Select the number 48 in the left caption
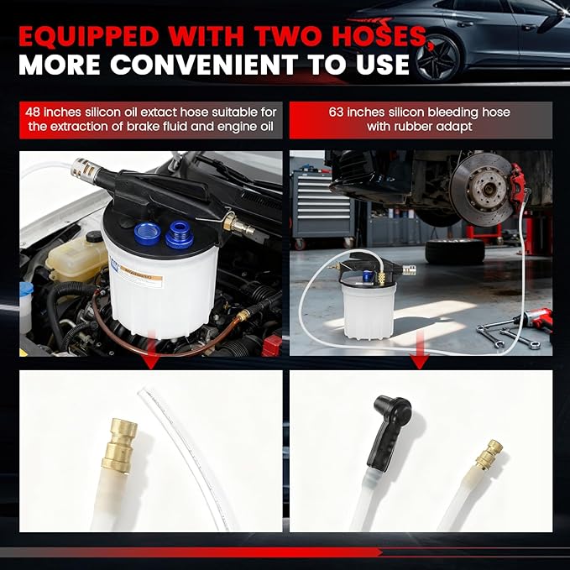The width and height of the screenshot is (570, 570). coord(33,112)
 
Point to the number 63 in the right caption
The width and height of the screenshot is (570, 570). coord(336,112)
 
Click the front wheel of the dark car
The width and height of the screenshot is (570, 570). coord(437,58)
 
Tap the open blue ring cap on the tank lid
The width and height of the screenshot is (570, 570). coord(148,233)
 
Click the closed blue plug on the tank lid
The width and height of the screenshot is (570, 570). coord(180,235)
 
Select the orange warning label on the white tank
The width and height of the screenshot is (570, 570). coord(141,277)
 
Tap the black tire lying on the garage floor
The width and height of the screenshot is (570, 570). coord(454,251)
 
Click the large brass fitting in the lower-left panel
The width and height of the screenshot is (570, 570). coord(119,445)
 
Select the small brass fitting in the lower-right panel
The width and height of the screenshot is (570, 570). coord(489,454)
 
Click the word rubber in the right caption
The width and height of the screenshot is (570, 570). coord(416,127)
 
